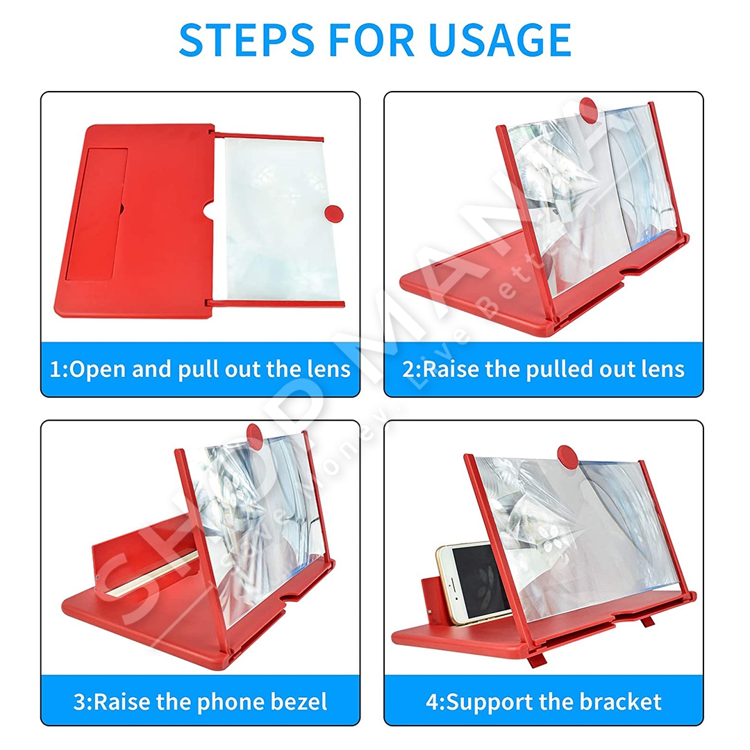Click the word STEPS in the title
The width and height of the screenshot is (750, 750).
247,40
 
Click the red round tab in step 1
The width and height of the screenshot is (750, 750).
334,214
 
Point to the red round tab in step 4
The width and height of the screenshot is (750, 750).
567,456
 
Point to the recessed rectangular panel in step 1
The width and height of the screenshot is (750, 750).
96,214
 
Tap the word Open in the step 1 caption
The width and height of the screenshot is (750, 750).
98,370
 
